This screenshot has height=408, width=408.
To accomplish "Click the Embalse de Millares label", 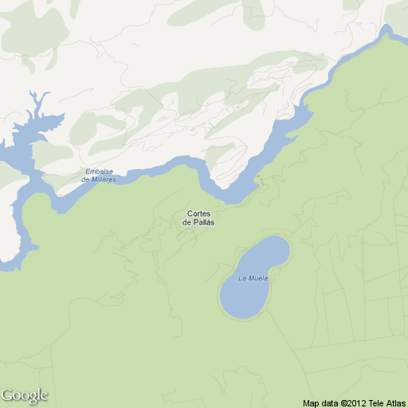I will click(x=99, y=175).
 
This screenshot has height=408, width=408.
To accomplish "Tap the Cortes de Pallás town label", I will click(x=198, y=218).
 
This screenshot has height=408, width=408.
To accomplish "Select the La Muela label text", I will click(x=253, y=278).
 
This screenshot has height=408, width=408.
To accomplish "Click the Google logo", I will click(x=25, y=395).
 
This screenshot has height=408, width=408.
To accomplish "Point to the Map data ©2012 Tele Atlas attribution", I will click(x=354, y=402).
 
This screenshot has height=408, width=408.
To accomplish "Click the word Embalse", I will click(x=100, y=171).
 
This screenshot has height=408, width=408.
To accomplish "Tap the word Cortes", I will click(x=198, y=214).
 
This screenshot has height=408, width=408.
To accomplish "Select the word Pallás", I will click(x=203, y=222).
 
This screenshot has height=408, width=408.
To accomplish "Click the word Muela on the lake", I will click(x=257, y=278).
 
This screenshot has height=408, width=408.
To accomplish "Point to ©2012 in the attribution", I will click(x=354, y=402).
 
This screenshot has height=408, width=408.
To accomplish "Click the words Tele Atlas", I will click(x=386, y=402).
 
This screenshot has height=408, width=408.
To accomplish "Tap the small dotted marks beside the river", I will click(x=260, y=181).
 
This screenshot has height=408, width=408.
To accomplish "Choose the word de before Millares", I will click(x=85, y=179).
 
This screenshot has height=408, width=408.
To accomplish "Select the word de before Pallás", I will click(x=186, y=222).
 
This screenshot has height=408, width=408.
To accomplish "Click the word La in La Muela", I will click(x=242, y=278).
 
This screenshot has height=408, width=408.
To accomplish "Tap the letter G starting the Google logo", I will click(x=8, y=394).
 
